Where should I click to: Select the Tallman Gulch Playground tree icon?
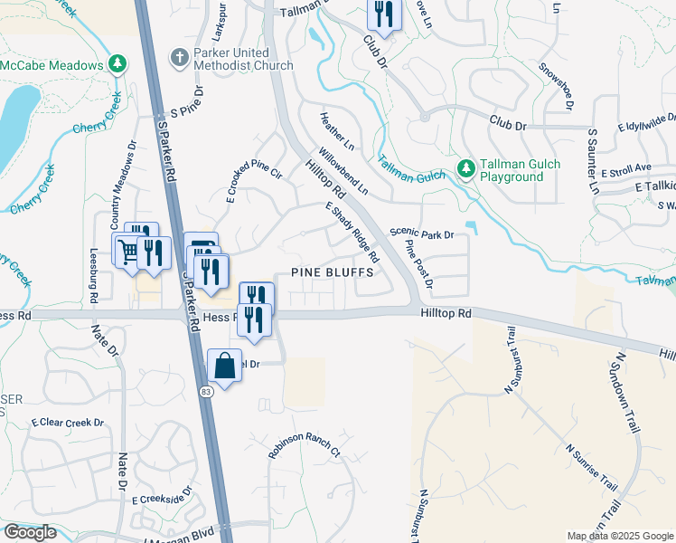tap(466, 168)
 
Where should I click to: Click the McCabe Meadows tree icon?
tap(116, 63)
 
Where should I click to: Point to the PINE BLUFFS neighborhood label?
tap(332, 272)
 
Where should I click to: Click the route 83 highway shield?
tap(207, 390)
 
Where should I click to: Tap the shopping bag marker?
tap(225, 366)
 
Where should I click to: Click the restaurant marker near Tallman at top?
tap(383, 14)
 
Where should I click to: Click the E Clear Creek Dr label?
tap(68, 423)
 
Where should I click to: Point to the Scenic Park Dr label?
tap(421, 234)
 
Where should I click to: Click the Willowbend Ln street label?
tap(343, 170)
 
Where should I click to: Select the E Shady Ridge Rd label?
tap(352, 233)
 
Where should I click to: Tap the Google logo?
tap(30, 532)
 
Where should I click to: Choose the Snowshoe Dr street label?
tap(557, 86)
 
